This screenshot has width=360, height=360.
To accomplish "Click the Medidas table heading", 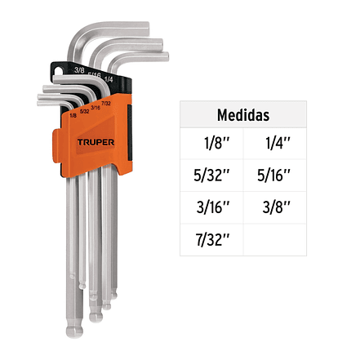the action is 243,115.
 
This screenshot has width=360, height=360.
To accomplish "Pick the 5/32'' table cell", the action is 211,175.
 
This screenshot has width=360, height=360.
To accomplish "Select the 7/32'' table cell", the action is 212,239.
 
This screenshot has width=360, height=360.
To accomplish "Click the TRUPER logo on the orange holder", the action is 96,142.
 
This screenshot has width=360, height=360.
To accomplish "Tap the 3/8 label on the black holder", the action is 79,70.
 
